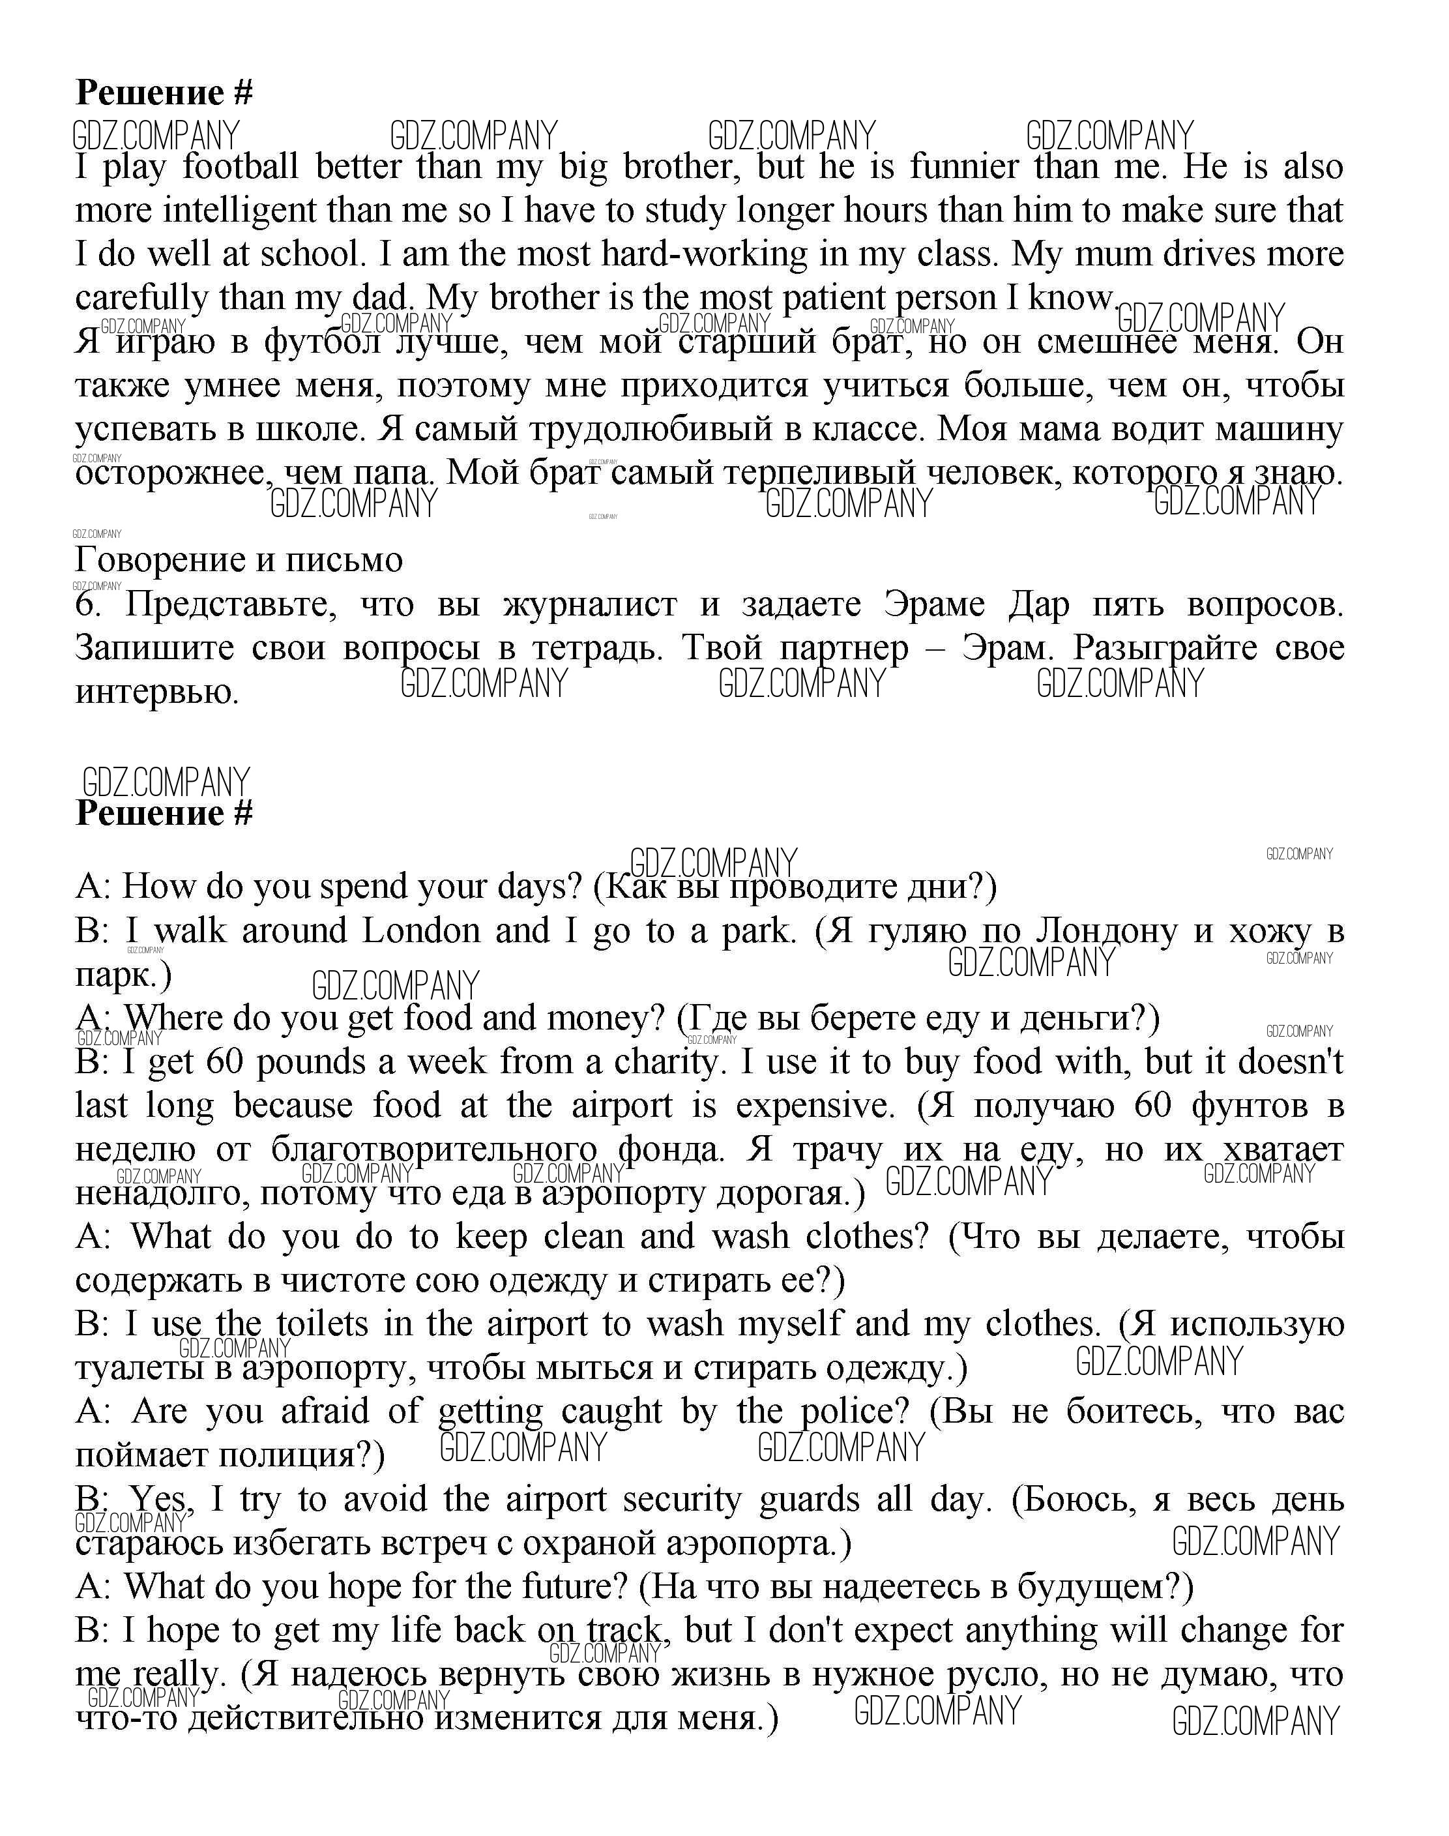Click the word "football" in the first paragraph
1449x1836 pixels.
coord(241,166)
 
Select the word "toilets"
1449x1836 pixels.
coord(323,1324)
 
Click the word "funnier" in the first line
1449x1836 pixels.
coord(965,166)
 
